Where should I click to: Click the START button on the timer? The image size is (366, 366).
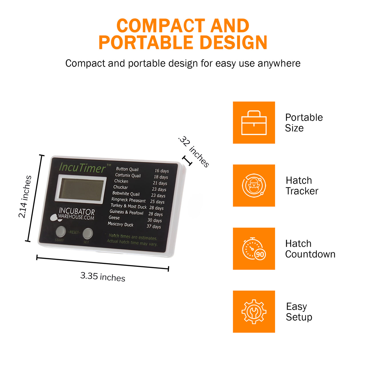[61, 231]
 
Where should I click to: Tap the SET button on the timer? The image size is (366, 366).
[88, 233]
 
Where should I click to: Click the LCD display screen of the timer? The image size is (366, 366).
[81, 189]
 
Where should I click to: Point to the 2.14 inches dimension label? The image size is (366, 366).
[25, 196]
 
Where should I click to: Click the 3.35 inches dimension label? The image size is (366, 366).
[103, 277]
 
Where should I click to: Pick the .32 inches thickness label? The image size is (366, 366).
[194, 152]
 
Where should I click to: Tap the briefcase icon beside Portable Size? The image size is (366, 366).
[254, 122]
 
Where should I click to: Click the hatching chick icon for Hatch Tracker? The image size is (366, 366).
[254, 185]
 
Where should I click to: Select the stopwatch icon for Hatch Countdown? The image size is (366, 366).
[254, 248]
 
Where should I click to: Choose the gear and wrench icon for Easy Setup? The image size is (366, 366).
[254, 312]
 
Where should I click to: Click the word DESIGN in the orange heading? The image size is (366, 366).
[233, 43]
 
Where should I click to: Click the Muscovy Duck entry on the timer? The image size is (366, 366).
[120, 224]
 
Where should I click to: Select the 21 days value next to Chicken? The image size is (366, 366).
[160, 183]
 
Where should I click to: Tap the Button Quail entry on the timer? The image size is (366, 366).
[127, 169]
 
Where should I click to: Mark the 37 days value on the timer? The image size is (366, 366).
[154, 226]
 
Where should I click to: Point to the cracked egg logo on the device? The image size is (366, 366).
[56, 218]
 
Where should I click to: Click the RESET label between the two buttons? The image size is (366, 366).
[74, 232]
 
